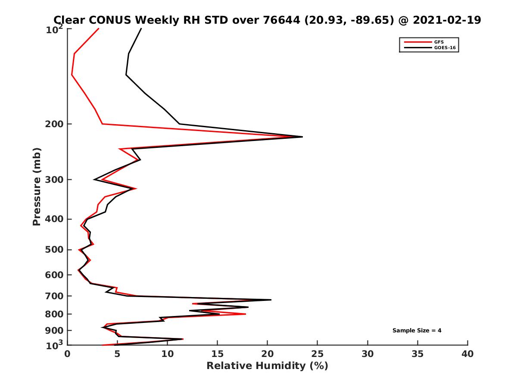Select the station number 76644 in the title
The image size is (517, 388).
(x=282, y=20)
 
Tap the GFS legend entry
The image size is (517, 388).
(x=439, y=42)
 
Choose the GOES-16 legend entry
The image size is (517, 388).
(x=443, y=47)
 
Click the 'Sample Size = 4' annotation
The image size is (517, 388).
(x=417, y=331)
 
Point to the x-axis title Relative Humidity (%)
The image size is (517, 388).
(x=267, y=366)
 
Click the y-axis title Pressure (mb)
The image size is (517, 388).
(x=37, y=186)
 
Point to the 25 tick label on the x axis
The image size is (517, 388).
(x=318, y=354)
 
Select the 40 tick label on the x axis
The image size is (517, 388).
(x=467, y=354)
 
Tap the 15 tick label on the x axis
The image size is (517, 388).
(x=217, y=354)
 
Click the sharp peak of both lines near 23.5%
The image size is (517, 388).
(x=302, y=137)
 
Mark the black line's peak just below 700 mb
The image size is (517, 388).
(x=271, y=300)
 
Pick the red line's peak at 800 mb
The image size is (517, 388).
(x=246, y=314)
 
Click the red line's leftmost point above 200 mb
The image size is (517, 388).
(x=72, y=75)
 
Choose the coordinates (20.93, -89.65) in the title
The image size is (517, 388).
(x=349, y=20)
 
